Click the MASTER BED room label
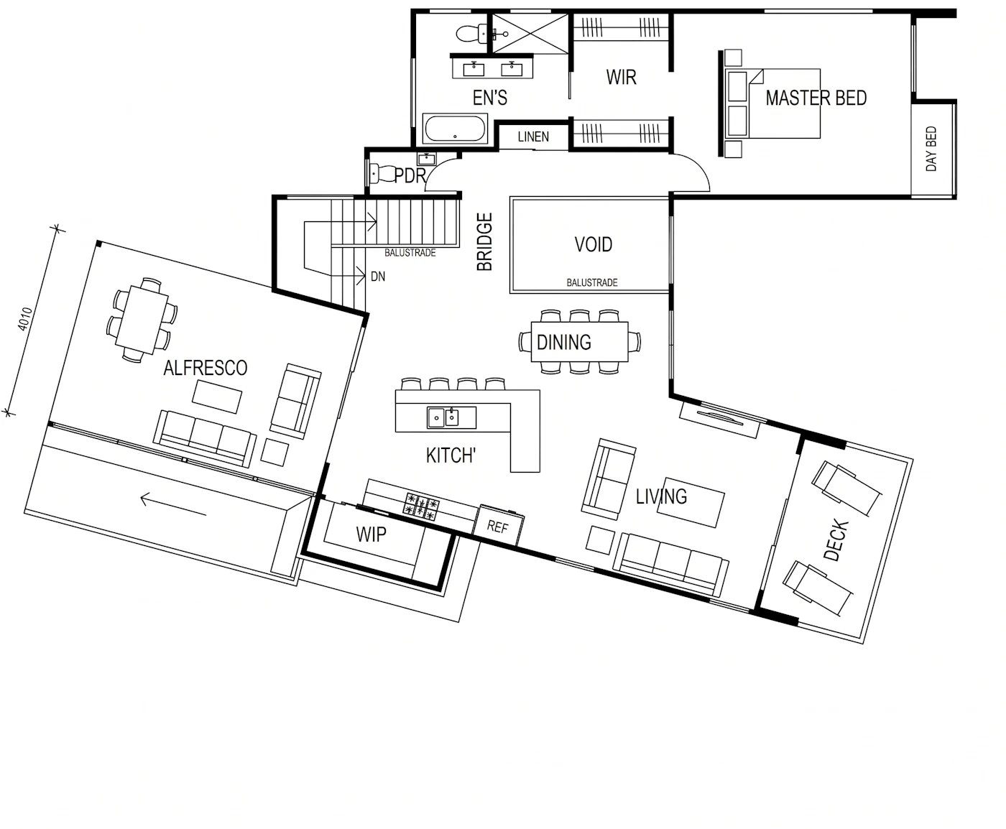(816, 98)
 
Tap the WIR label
(621, 77)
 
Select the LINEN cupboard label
(533, 136)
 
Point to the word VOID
(593, 244)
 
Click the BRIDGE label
(485, 242)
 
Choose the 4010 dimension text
(24, 319)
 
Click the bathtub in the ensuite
(455, 128)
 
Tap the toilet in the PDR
(382, 174)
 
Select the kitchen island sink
(451, 417)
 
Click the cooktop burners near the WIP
(422, 506)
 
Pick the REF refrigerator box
(498, 526)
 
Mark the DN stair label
(378, 277)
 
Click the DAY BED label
(931, 149)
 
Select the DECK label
(836, 539)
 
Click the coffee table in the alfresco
(217, 397)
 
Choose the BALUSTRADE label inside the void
(592, 283)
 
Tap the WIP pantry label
(371, 534)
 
